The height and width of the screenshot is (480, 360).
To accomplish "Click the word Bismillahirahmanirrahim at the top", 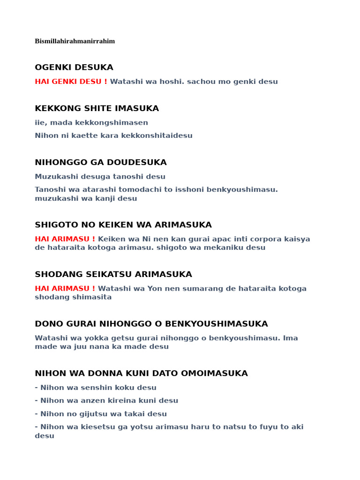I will (75, 41).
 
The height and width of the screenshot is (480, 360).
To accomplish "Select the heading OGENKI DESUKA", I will (74, 67).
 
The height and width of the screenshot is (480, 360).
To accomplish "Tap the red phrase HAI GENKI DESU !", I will (71, 82).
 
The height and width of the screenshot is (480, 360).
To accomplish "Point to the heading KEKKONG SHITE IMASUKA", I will (97, 109).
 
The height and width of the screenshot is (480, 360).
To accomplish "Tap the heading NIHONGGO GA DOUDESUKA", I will (101, 163).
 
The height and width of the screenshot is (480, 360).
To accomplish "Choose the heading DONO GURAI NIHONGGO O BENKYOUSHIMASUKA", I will (151, 324).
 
